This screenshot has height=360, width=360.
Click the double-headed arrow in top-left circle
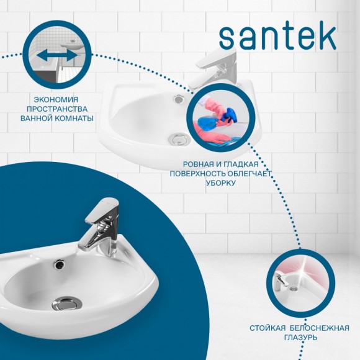(56, 56)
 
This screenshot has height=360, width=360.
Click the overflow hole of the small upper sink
(179, 97)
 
